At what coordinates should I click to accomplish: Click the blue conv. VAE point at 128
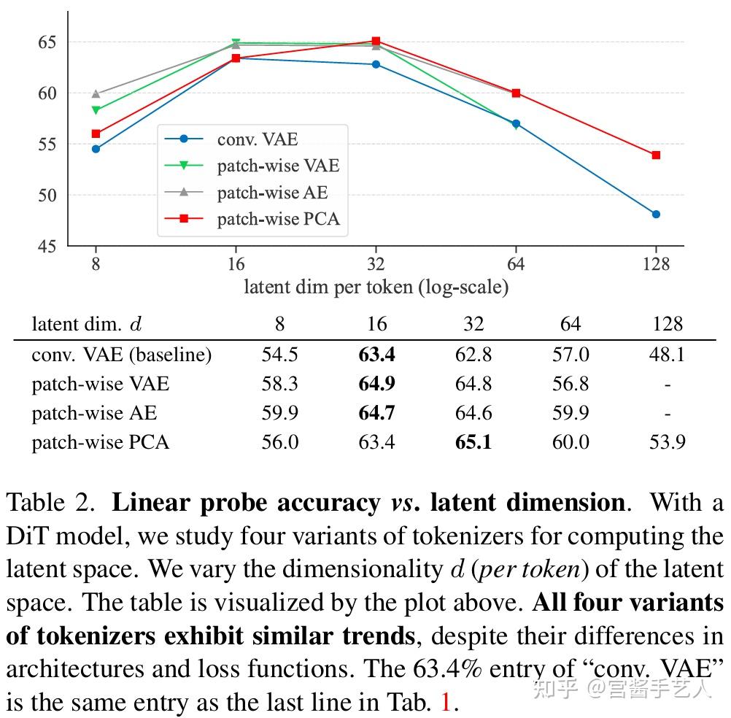tap(656, 214)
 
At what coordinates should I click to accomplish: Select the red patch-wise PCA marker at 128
tap(656, 155)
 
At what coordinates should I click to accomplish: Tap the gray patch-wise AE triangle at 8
tap(96, 94)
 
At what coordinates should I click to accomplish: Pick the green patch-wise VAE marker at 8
tap(96, 110)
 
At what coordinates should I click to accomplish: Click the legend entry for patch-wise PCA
tap(278, 219)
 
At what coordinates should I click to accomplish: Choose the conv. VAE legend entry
tap(257, 139)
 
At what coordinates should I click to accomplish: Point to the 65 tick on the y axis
tap(48, 42)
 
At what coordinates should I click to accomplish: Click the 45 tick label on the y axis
tap(48, 247)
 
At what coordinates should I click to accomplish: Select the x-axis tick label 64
tap(516, 264)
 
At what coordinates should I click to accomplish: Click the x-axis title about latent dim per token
tap(376, 287)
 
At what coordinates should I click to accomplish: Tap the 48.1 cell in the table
tap(667, 355)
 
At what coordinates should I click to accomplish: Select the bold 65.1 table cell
tap(473, 442)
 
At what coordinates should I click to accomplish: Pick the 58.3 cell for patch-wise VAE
tap(280, 384)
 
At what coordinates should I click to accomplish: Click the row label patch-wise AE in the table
tap(94, 413)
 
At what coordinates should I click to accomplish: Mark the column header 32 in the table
tap(473, 324)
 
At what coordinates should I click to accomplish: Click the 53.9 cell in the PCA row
tap(667, 442)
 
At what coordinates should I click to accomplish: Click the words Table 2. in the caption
tap(51, 503)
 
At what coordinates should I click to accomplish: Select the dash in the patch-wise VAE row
tap(667, 385)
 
